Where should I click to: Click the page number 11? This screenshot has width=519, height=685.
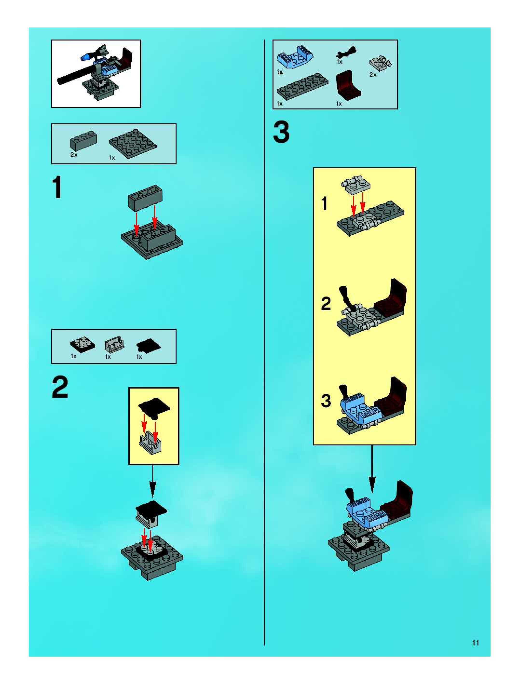click(475, 643)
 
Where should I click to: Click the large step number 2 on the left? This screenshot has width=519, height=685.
click(60, 387)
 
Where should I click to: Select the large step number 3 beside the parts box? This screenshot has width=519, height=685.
click(281, 132)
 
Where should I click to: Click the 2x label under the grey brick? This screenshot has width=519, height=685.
click(74, 154)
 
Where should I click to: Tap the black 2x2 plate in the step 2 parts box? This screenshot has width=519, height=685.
click(83, 344)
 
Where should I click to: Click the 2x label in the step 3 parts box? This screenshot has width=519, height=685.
click(373, 75)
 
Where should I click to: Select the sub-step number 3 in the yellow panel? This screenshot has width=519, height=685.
click(326, 401)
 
